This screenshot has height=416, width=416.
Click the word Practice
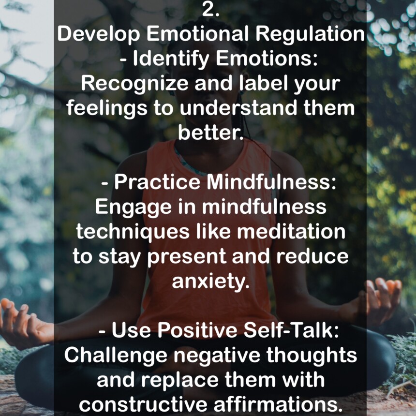click(157, 182)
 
